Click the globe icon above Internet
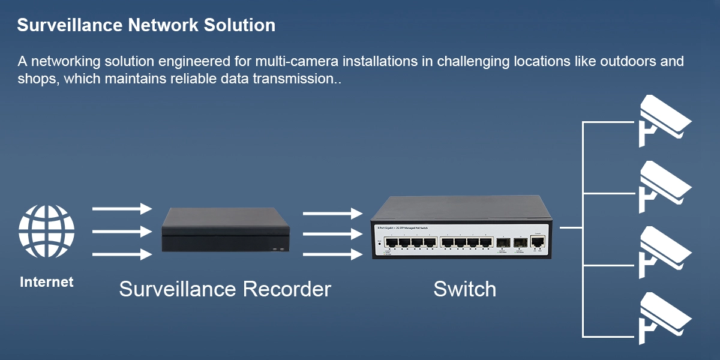(x=47, y=232)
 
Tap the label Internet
(x=47, y=282)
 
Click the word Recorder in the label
(x=287, y=289)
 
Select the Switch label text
(x=465, y=289)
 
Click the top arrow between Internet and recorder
(x=122, y=209)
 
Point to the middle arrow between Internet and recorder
(x=122, y=232)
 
